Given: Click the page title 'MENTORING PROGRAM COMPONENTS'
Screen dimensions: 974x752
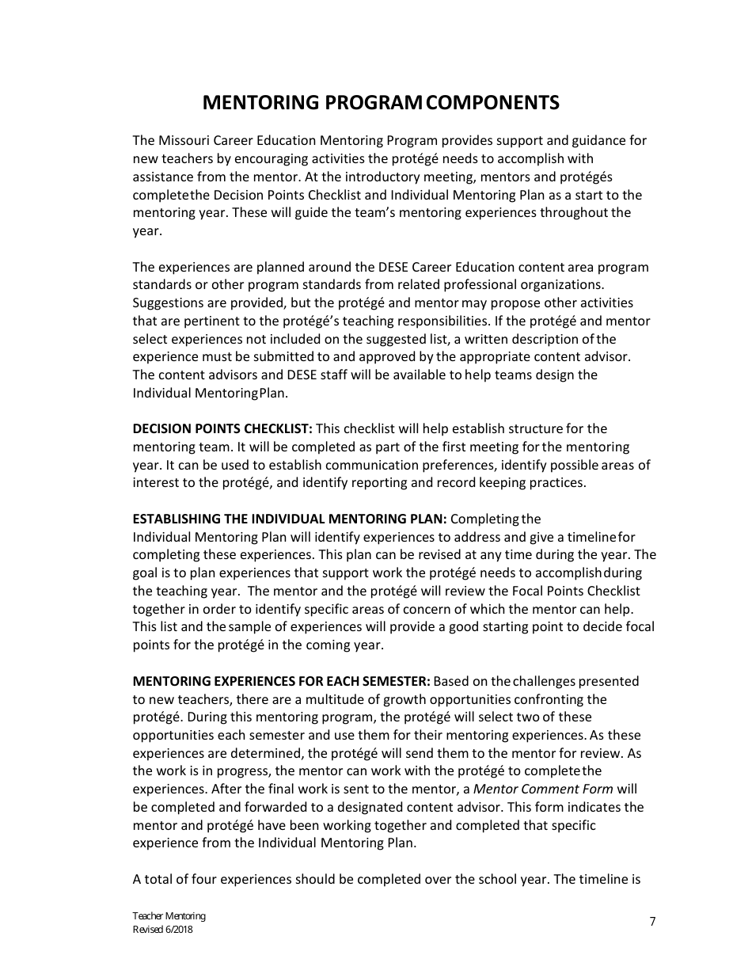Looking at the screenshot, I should point(381,103).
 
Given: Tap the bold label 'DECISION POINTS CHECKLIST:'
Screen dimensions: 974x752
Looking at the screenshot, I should point(222,429).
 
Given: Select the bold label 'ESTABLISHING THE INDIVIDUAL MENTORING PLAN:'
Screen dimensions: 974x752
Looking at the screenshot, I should point(290,519).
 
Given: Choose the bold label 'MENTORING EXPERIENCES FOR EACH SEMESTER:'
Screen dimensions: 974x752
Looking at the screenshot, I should point(281,681).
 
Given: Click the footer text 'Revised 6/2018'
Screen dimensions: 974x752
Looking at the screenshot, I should point(162,930).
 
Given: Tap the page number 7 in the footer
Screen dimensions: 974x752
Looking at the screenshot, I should point(652,921).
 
